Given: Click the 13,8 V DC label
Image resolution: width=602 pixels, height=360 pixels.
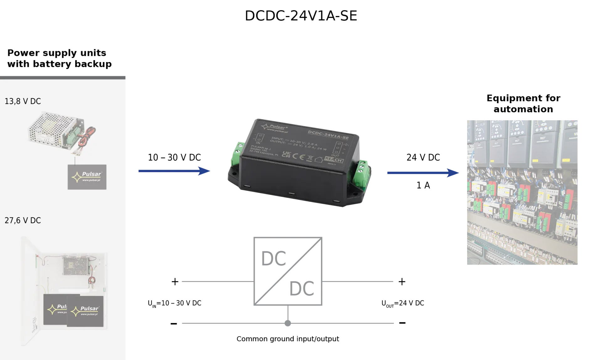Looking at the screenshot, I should coord(23,101).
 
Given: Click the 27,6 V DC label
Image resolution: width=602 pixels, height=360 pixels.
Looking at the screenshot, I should coord(23,220).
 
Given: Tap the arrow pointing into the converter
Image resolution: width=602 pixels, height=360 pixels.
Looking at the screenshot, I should coord(174,171).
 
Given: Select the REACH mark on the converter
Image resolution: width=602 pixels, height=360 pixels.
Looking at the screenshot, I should coord(334,159).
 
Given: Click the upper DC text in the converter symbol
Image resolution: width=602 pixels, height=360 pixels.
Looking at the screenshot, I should coord(273,258).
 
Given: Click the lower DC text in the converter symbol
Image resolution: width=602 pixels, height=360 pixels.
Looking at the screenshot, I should coord(302,288).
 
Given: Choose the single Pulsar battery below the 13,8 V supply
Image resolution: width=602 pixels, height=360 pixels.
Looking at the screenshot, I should coord(87,177).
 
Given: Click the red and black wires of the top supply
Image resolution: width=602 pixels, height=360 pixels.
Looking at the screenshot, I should coord(88,138).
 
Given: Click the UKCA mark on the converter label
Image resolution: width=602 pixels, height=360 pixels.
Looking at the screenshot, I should coord(286,154).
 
